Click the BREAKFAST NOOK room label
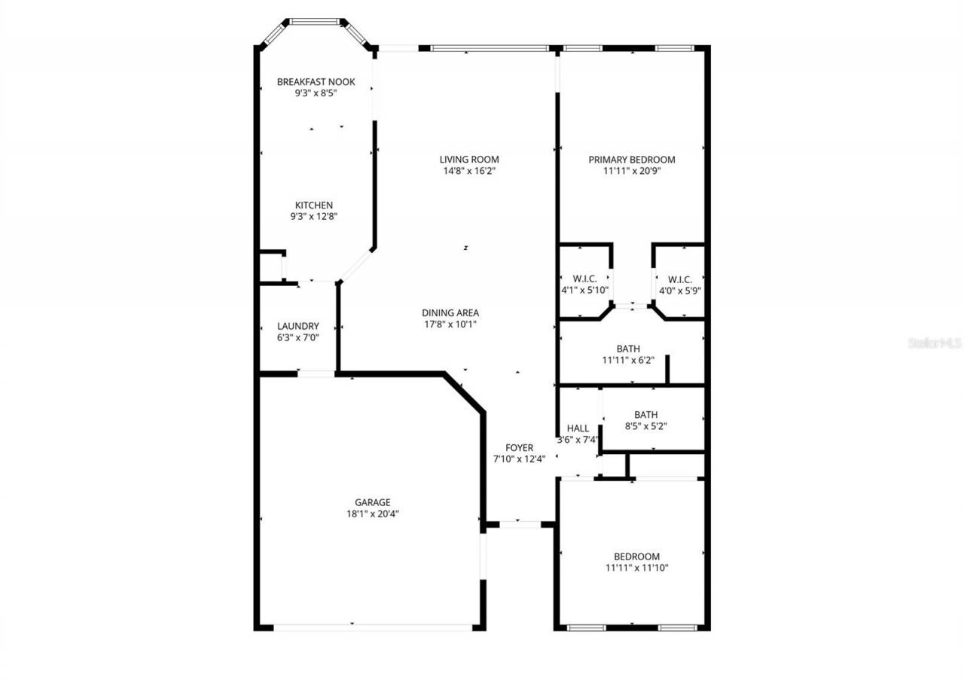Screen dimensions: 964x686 [316, 82]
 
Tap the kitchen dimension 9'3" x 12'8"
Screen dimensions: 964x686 [314, 216]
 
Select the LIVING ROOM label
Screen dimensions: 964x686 [469, 159]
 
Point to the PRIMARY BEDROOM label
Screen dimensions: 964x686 [632, 160]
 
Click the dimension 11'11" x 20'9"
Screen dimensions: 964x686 [632, 171]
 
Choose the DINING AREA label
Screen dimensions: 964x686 [450, 313]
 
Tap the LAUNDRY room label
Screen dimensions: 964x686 [297, 326]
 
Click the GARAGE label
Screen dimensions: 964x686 [373, 502]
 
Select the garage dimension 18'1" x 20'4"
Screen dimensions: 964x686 [373, 514]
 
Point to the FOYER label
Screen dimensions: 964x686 [520, 447]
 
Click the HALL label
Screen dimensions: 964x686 [578, 428]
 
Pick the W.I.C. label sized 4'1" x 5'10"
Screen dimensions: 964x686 [585, 279]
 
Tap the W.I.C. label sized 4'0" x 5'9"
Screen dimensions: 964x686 [680, 279]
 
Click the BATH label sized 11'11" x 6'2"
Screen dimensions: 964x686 [628, 349]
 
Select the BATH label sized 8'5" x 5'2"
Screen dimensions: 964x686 [646, 415]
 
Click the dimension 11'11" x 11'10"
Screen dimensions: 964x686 [637, 568]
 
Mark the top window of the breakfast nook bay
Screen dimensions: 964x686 [314, 22]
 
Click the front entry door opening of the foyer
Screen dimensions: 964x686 [520, 524]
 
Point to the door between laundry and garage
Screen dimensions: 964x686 [316, 373]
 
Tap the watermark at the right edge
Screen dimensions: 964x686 [935, 343]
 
